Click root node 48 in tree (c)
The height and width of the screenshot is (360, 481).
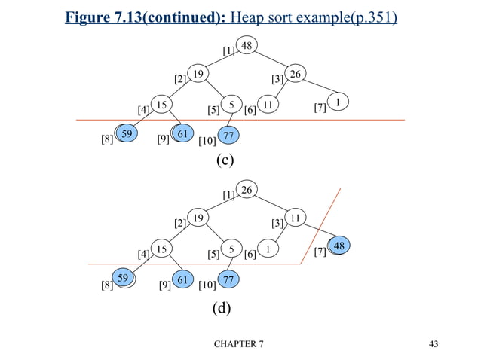point(246,46)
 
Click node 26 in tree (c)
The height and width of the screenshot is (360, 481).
point(296,75)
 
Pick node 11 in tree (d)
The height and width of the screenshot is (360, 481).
point(296,218)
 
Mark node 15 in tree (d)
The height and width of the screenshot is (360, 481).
point(161,247)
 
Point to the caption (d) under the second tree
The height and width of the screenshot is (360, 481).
point(224,307)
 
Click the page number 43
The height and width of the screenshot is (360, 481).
point(432,344)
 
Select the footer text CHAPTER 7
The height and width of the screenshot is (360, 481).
point(239,344)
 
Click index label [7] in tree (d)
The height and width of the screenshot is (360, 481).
point(320,251)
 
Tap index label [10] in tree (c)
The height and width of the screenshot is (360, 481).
point(207,140)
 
